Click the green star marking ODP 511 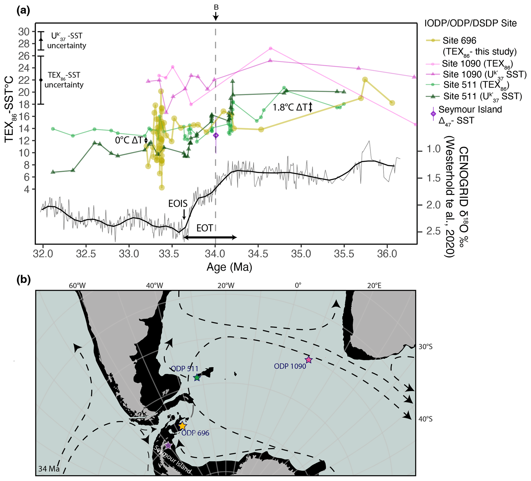coord(197,378)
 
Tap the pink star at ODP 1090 coord(309,360)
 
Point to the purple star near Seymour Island coord(168,446)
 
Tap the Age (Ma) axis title coord(229,267)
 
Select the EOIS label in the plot coord(178,203)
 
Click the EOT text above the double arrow coord(205,228)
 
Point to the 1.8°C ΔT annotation coord(290,107)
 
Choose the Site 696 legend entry coord(459,41)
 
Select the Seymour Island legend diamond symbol coord(433,114)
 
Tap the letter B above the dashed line coord(216,7)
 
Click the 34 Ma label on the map coord(49,469)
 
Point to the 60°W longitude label coord(77,286)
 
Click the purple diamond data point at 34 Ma coord(216,135)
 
